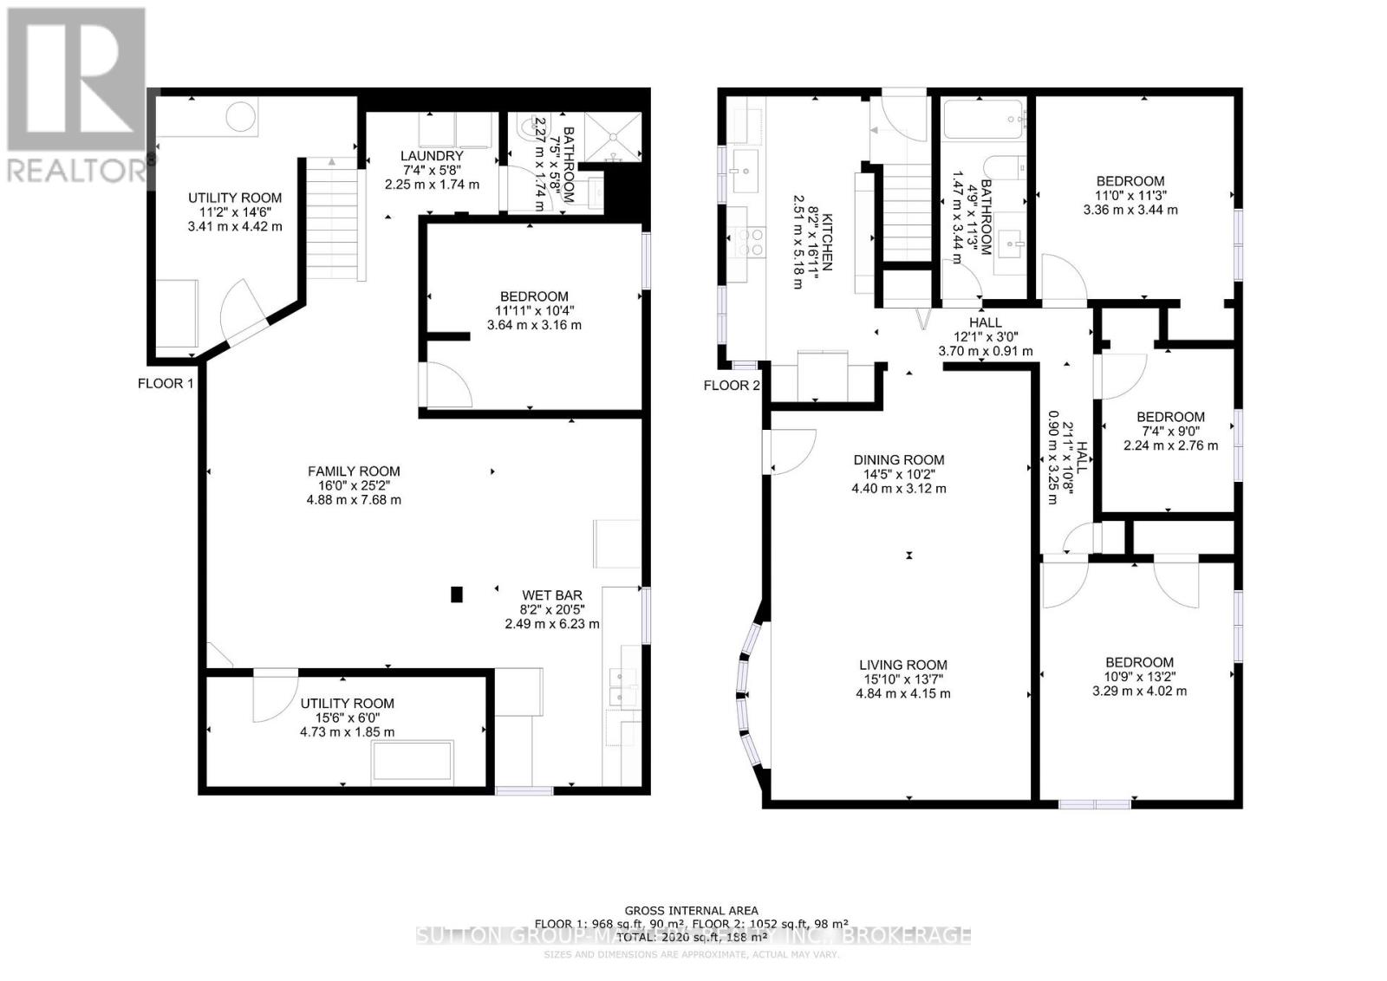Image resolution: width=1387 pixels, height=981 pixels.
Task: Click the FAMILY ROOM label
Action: point(354,471)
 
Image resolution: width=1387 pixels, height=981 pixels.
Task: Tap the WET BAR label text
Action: point(551,595)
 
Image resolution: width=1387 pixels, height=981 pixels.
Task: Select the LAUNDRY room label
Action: point(432,156)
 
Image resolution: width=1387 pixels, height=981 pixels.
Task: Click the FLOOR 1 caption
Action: point(166,383)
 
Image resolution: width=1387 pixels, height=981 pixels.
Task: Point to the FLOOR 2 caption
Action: point(731,385)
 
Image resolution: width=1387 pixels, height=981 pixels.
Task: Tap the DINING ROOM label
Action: point(898,460)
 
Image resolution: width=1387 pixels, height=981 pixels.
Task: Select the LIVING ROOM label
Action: point(901,666)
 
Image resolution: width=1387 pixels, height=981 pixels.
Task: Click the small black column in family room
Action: point(457,594)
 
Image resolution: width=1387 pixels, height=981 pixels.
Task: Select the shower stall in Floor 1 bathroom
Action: point(614,136)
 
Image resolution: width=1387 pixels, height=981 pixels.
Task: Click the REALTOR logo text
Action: point(76,169)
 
